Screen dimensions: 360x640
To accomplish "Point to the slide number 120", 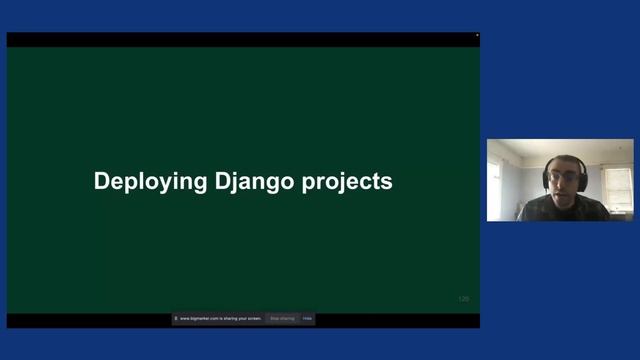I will [x=463, y=299].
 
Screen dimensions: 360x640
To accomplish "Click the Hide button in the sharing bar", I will [x=308, y=319].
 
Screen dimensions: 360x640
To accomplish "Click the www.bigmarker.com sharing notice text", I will [x=220, y=319].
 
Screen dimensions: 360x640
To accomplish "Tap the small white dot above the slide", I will [x=477, y=36].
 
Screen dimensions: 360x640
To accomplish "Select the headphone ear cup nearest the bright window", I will [x=546, y=180].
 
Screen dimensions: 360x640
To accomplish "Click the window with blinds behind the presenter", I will [x=617, y=187].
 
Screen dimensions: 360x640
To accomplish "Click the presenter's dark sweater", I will [x=560, y=210].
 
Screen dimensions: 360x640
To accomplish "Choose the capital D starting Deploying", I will [x=101, y=181].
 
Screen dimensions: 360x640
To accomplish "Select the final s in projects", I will [x=387, y=183].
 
